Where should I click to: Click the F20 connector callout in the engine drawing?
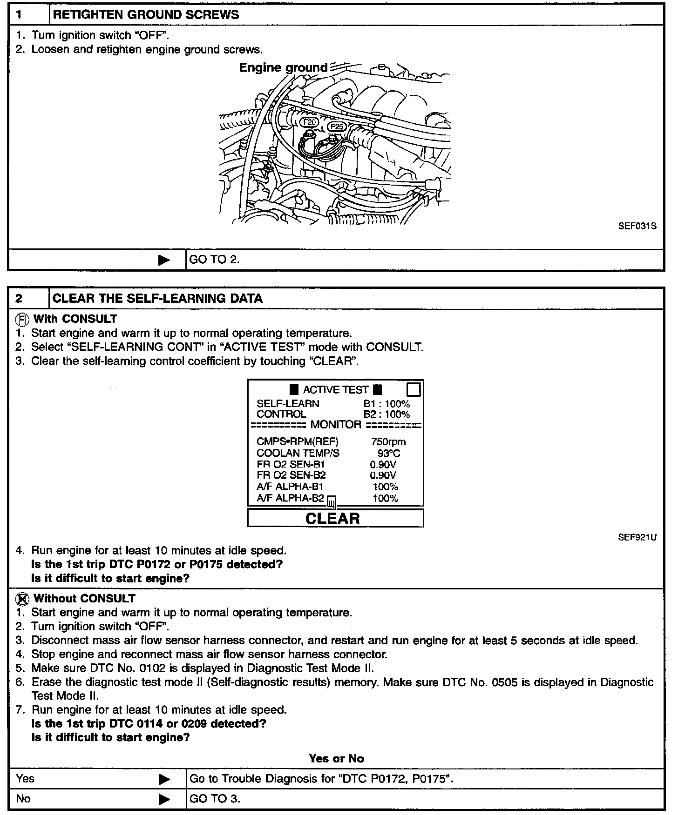coord(310,122)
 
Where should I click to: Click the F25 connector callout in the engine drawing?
coord(336,127)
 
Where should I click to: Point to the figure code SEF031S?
coord(637,227)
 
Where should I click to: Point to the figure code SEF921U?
coord(637,537)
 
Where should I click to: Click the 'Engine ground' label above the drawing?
coord(283,68)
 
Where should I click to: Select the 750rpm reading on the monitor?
coord(388,441)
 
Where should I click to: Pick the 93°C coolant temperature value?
coord(388,453)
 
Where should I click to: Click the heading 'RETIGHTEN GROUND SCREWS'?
coord(146,14)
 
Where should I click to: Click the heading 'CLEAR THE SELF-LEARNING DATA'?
coord(157,298)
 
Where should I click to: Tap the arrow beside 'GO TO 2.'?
coord(164,260)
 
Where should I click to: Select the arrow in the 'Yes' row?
coord(164,779)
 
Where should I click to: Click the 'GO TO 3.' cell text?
coord(215,799)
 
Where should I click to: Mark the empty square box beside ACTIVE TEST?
coord(414,389)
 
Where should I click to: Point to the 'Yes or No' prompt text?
coord(336,759)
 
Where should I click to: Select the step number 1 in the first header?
coord(19,14)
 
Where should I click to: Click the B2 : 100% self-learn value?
coord(386,414)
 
